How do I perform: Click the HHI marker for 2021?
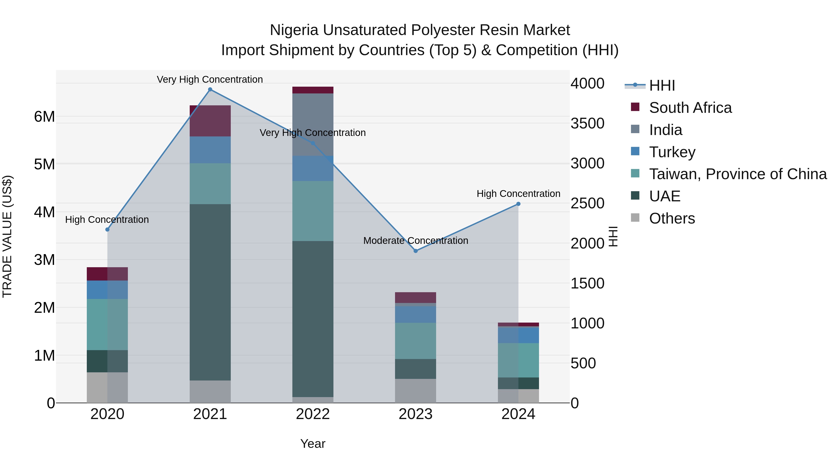210,89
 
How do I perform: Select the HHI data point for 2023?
415,251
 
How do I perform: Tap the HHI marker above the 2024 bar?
518,204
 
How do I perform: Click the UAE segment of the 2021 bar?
210,292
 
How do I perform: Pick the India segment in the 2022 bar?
313,124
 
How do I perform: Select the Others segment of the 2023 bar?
415,391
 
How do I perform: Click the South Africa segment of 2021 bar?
210,121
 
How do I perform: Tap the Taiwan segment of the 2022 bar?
313,211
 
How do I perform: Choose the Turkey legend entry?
672,152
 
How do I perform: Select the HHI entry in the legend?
662,85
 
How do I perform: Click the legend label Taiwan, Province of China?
738,174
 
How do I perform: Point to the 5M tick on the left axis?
45,164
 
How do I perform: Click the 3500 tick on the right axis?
587,123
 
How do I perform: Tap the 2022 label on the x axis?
313,414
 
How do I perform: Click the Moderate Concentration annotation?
415,241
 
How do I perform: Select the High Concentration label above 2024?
518,194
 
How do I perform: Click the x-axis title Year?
313,444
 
